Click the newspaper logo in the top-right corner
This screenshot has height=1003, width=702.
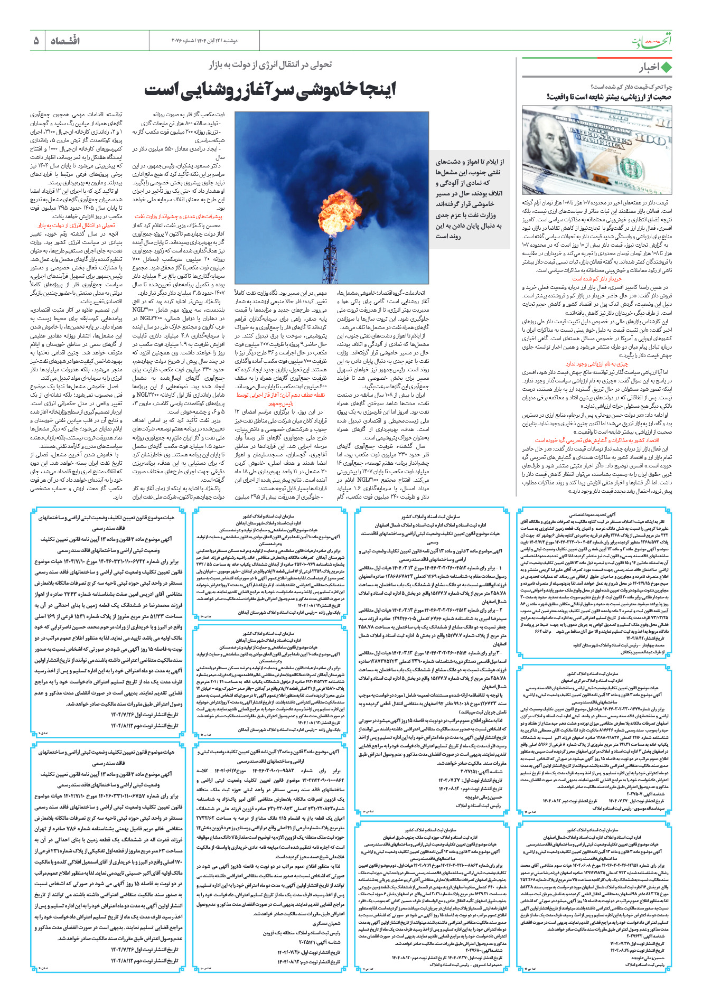(x=652, y=40)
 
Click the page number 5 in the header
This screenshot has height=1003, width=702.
(x=36, y=41)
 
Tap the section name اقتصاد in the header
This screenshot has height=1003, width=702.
(x=65, y=41)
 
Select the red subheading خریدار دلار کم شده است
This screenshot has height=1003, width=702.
(x=597, y=278)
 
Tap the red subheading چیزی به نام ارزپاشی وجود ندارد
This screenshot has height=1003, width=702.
(x=597, y=364)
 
